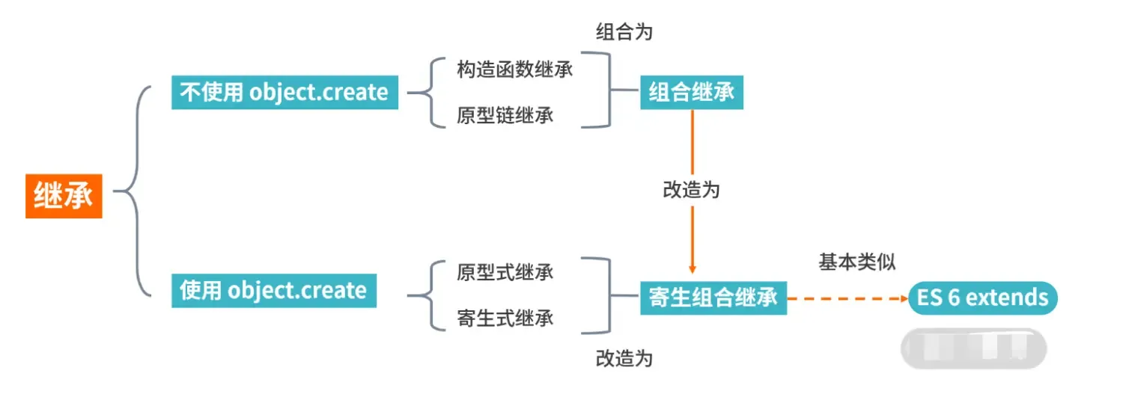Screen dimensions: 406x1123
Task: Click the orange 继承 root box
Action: (64, 197)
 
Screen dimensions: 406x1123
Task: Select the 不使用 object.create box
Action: (284, 93)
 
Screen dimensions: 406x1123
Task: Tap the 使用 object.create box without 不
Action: (273, 291)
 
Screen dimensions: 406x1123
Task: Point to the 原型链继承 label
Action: (505, 116)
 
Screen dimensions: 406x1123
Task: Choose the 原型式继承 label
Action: (505, 271)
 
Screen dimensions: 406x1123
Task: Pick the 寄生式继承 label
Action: (505, 318)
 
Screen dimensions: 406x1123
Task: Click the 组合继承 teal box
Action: (691, 93)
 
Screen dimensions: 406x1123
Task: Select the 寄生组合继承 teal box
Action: (713, 298)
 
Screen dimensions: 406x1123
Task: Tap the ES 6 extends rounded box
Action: (982, 298)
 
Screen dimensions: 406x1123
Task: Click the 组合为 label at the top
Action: (624, 31)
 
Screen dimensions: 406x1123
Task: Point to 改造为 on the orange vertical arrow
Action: (691, 190)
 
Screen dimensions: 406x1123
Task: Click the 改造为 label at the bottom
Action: (624, 358)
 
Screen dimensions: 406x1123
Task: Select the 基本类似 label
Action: (857, 262)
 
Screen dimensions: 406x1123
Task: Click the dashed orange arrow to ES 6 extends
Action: (846, 298)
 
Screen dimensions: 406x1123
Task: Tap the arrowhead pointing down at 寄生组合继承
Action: (692, 269)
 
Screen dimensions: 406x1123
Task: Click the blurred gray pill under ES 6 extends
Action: (973, 348)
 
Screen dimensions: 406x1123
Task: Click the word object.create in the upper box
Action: (319, 93)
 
